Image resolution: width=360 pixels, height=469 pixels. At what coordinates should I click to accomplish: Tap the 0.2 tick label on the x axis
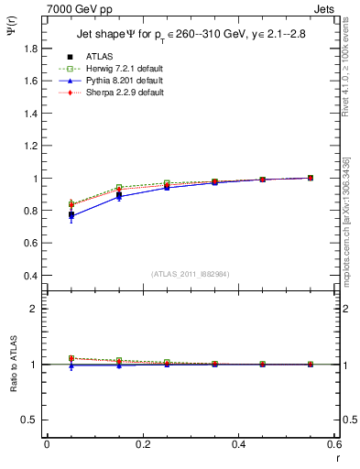point(143,443)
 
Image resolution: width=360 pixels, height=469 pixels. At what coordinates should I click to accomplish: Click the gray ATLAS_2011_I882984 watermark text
point(191,273)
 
